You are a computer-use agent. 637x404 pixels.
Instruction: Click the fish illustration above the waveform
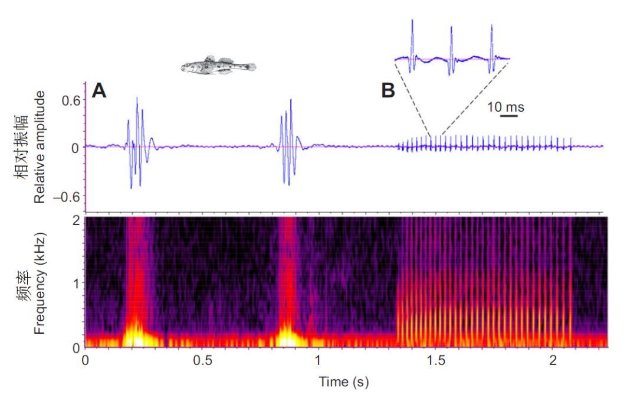pos(218,66)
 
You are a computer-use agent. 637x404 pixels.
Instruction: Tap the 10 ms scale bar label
pos(506,107)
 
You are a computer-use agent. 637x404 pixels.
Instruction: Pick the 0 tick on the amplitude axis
pos(75,148)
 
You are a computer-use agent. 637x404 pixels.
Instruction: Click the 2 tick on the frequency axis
pos(75,220)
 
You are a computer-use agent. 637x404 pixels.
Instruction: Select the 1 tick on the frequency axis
pos(75,283)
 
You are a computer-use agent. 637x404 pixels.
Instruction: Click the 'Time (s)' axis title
pos(344,382)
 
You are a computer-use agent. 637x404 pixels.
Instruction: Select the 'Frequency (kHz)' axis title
pos(40,282)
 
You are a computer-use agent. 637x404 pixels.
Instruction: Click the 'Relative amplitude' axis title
pos(40,148)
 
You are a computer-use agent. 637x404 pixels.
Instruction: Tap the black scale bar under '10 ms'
pos(508,116)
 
